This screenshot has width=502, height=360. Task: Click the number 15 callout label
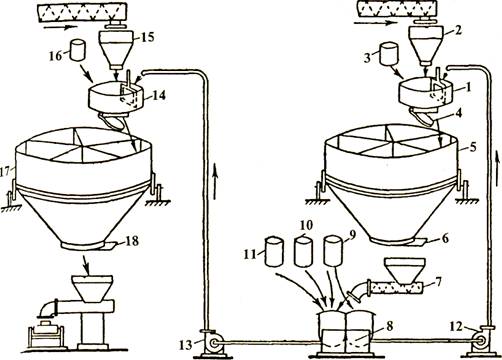(x=148, y=36)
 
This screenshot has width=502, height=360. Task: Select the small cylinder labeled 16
(x=78, y=50)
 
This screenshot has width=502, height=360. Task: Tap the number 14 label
(x=159, y=95)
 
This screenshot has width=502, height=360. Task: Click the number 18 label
(x=132, y=241)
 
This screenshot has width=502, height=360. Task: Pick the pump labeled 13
(x=213, y=343)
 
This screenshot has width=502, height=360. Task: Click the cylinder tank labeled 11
(x=274, y=251)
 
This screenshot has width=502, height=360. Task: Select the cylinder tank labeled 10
(x=303, y=251)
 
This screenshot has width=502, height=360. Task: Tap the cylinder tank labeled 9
(x=333, y=251)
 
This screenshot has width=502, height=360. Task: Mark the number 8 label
(x=390, y=327)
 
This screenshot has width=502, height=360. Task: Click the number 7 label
(x=438, y=283)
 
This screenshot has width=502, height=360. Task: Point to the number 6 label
(x=445, y=238)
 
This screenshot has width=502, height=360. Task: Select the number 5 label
(x=473, y=147)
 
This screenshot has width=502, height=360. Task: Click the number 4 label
(x=458, y=113)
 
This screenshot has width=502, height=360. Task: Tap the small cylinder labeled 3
(x=388, y=53)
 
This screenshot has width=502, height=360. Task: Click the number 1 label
(x=468, y=87)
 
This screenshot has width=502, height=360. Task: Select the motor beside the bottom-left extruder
(x=45, y=335)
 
